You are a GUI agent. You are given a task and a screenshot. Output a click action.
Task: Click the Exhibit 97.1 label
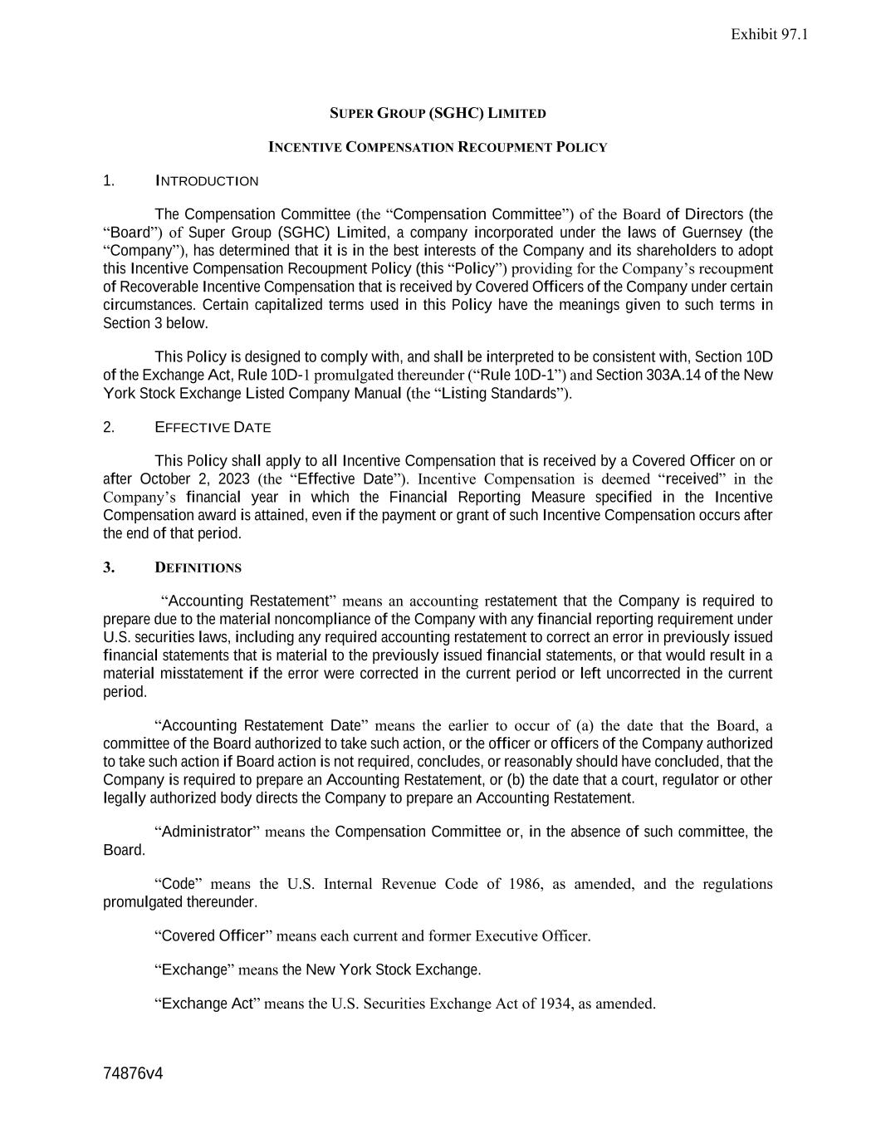pos(769,34)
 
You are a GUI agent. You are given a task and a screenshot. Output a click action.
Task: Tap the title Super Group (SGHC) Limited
pos(438,113)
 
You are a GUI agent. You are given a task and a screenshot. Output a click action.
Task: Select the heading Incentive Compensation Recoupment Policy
pos(438,147)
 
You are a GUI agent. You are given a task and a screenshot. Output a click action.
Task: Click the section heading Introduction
pos(207,181)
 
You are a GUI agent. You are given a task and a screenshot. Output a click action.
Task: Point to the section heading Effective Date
pos(213,428)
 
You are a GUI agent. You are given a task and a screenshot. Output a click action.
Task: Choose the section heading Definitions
pos(198,568)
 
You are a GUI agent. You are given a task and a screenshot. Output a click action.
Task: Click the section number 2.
pos(109,428)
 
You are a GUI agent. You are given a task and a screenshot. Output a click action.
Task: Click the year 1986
pos(525,884)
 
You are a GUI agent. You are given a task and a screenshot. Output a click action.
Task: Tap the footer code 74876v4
pos(133,1073)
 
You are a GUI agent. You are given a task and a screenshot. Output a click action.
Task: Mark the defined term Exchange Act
pos(207,1004)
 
